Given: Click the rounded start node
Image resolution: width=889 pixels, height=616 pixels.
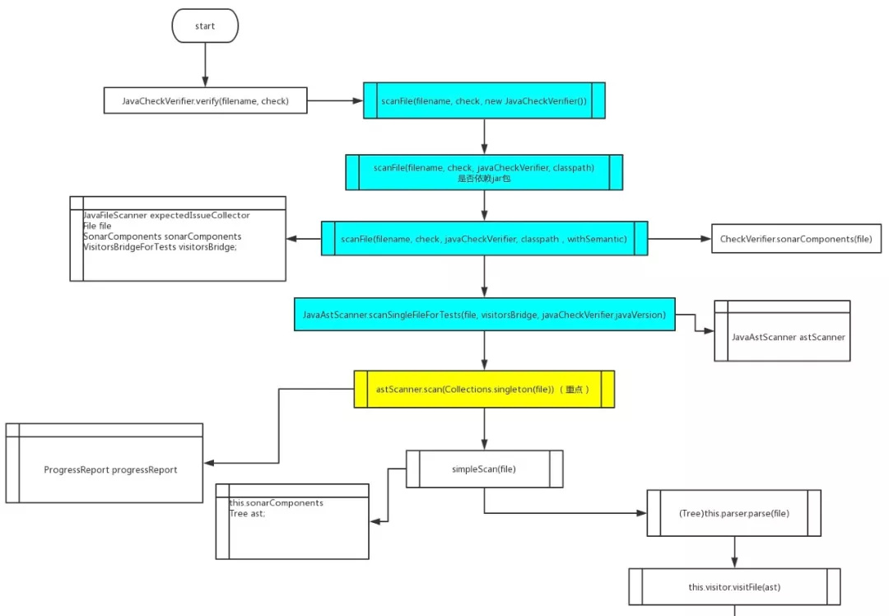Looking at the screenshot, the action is click(x=205, y=26).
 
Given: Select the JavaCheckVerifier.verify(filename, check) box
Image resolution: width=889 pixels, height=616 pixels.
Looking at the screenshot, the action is click(x=205, y=100).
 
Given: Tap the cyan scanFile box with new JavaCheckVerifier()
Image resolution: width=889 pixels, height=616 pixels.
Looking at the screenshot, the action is click(x=484, y=100).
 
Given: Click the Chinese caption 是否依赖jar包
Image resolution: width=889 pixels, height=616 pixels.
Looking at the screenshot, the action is click(x=484, y=179).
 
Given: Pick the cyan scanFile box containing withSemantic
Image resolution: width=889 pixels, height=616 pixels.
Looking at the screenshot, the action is click(x=484, y=239).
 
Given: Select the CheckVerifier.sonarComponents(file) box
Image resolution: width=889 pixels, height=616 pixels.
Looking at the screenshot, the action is click(x=796, y=239).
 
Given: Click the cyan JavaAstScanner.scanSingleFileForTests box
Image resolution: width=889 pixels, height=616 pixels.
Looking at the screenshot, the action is click(x=484, y=315).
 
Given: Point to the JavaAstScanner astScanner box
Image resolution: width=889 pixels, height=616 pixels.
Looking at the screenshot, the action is click(x=783, y=331).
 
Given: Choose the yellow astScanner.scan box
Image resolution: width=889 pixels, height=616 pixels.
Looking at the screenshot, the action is click(x=484, y=389).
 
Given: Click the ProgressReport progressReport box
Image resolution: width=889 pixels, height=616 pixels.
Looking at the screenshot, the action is click(x=105, y=463).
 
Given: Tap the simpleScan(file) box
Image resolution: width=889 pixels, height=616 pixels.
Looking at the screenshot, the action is click(x=484, y=469).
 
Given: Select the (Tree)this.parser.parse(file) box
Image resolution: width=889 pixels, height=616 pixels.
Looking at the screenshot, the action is click(x=733, y=513).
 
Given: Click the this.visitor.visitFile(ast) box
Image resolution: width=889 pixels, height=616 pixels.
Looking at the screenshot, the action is click(x=734, y=587).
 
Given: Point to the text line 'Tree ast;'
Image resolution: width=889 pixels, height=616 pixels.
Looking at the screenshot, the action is click(x=247, y=513).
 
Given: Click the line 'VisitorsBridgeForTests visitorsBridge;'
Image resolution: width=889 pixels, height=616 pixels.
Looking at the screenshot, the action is click(x=160, y=247).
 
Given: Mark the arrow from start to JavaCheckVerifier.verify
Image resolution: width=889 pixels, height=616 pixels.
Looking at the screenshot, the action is click(x=205, y=65).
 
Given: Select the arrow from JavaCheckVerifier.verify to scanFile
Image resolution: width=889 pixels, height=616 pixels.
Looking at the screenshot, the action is click(x=335, y=100).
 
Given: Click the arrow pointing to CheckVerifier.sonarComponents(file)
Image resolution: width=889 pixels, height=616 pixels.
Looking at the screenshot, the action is click(x=680, y=239).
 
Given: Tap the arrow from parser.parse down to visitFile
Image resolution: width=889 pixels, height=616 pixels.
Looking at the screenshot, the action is click(x=734, y=553).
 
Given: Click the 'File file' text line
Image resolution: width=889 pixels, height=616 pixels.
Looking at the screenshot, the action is click(x=97, y=226).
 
